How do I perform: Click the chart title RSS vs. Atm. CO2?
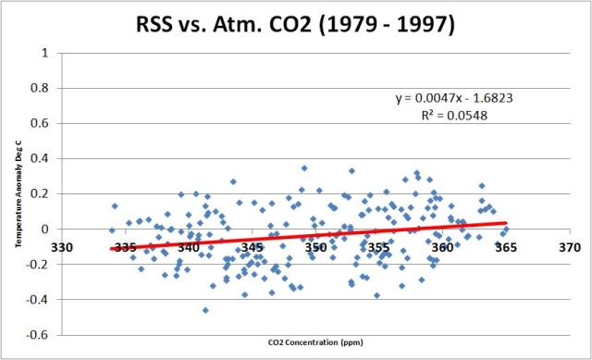pos(296,24)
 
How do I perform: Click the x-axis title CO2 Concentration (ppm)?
pos(314,345)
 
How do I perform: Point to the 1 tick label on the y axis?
pos(46,53)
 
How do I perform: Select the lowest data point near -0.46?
pos(205,310)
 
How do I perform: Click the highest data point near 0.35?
pos(304,168)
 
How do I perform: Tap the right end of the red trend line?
pos(505,222)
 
